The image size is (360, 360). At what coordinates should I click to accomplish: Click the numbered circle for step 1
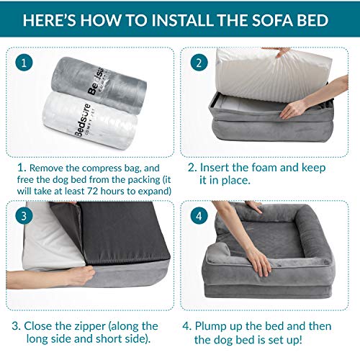[x=24, y=63]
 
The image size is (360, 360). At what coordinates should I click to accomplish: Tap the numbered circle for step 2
[x=199, y=63]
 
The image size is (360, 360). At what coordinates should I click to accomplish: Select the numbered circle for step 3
[x=24, y=216]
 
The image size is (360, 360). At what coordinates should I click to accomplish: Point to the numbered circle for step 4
[x=199, y=216]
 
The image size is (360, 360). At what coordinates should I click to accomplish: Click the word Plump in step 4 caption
[x=210, y=326]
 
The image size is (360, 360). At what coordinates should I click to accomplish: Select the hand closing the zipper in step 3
[x=79, y=276]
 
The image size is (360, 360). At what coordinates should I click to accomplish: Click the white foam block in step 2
[x=272, y=74]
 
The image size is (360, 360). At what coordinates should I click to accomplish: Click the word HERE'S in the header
[x=50, y=20]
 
